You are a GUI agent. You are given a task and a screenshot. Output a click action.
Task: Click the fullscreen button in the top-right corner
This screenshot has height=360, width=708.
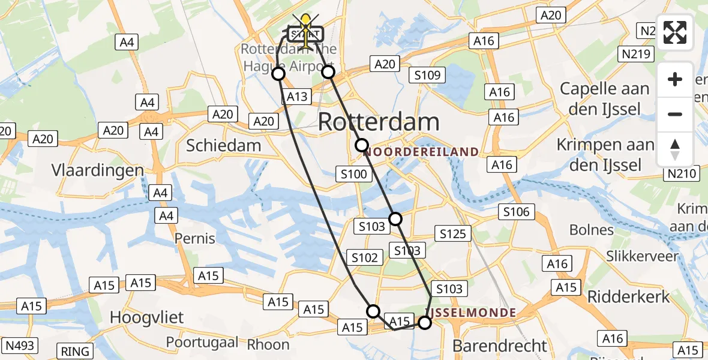675,32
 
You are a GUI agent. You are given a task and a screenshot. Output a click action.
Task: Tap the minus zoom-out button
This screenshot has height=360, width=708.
675,114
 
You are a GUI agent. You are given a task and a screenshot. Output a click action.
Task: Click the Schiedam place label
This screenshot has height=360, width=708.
223,145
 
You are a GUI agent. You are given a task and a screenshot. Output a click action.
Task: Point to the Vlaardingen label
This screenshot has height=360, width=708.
98,170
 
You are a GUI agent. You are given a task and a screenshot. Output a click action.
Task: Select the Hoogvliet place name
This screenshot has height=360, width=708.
147,317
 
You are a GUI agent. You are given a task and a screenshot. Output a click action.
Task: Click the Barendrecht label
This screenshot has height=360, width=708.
500,346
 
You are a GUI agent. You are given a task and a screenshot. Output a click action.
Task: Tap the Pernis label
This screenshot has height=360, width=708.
194,238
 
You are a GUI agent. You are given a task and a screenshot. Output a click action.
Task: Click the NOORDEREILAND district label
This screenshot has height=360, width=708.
421,152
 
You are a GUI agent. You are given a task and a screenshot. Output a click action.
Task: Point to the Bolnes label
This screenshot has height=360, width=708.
591,230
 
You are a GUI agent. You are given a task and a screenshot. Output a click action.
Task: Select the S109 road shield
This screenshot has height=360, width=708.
427,75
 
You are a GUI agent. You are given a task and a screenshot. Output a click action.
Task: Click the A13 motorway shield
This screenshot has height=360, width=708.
297,97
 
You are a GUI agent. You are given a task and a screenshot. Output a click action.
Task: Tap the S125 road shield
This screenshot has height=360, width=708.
453,233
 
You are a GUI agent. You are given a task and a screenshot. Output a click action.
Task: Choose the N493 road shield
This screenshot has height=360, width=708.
20,345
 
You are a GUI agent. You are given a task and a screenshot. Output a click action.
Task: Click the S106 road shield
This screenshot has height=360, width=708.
516,211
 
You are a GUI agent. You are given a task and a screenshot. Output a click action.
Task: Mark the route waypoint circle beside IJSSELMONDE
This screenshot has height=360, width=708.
424,323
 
